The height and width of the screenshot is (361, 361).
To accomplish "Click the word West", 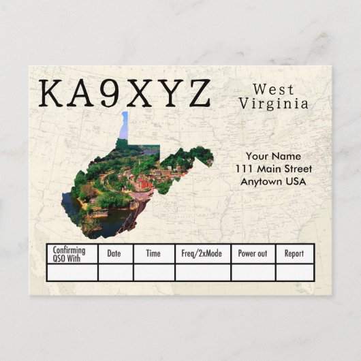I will [x=273, y=89].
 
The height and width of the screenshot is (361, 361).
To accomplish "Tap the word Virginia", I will [x=273, y=104].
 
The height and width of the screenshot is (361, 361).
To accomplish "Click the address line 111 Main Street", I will [x=273, y=168].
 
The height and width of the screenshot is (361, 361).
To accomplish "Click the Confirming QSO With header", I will [x=69, y=254].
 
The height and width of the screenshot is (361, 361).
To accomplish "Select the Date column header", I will [x=114, y=253].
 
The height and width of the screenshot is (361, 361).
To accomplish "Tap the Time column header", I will [x=153, y=253].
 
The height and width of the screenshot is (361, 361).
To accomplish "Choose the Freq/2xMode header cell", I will [x=202, y=253].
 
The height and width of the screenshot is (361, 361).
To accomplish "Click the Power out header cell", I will [x=252, y=253].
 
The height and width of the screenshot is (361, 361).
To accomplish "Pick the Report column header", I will [x=294, y=253].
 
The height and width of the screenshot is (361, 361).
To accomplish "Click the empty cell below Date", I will [x=114, y=272].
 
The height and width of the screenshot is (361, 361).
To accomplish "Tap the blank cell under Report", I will [x=294, y=272].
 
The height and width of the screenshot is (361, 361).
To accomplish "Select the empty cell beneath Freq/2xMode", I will [x=202, y=272].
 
